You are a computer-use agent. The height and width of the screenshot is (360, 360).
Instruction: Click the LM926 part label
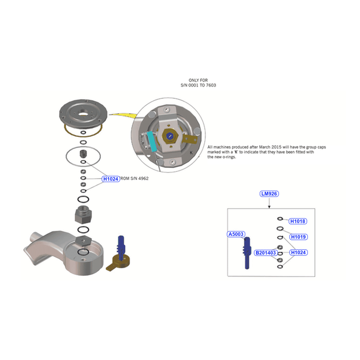tap(269, 194)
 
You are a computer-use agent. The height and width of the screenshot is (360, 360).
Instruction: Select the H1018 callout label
tap(297, 221)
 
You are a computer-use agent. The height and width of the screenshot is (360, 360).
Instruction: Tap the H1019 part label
tap(298, 236)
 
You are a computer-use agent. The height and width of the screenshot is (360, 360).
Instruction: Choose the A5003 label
tap(236, 234)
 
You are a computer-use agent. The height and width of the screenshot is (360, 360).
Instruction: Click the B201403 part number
tap(266, 253)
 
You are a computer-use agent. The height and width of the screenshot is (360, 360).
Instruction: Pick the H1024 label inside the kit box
tap(298, 253)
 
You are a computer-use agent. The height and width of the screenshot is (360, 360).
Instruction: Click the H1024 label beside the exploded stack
tap(111, 179)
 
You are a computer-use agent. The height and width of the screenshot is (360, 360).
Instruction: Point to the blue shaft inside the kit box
tap(247, 253)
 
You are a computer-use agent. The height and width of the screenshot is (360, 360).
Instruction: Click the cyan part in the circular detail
tap(151, 141)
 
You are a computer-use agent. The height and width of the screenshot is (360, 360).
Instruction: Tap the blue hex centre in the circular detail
tap(169, 136)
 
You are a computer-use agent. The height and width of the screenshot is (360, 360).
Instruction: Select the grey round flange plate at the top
tap(83, 114)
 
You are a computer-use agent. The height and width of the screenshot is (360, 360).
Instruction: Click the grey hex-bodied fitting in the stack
tap(83, 215)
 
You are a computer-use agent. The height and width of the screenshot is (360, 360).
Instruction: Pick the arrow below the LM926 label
tap(269, 203)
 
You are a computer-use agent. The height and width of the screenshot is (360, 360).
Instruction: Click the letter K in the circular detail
tap(191, 153)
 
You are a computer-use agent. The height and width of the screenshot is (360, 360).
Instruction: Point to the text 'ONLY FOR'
tap(198, 80)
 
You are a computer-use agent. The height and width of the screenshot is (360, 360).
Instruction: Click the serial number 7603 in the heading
tap(211, 85)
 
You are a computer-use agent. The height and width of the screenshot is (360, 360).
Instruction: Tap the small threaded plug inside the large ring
tap(83, 153)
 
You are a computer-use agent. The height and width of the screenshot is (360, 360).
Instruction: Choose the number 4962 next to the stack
tap(143, 178)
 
